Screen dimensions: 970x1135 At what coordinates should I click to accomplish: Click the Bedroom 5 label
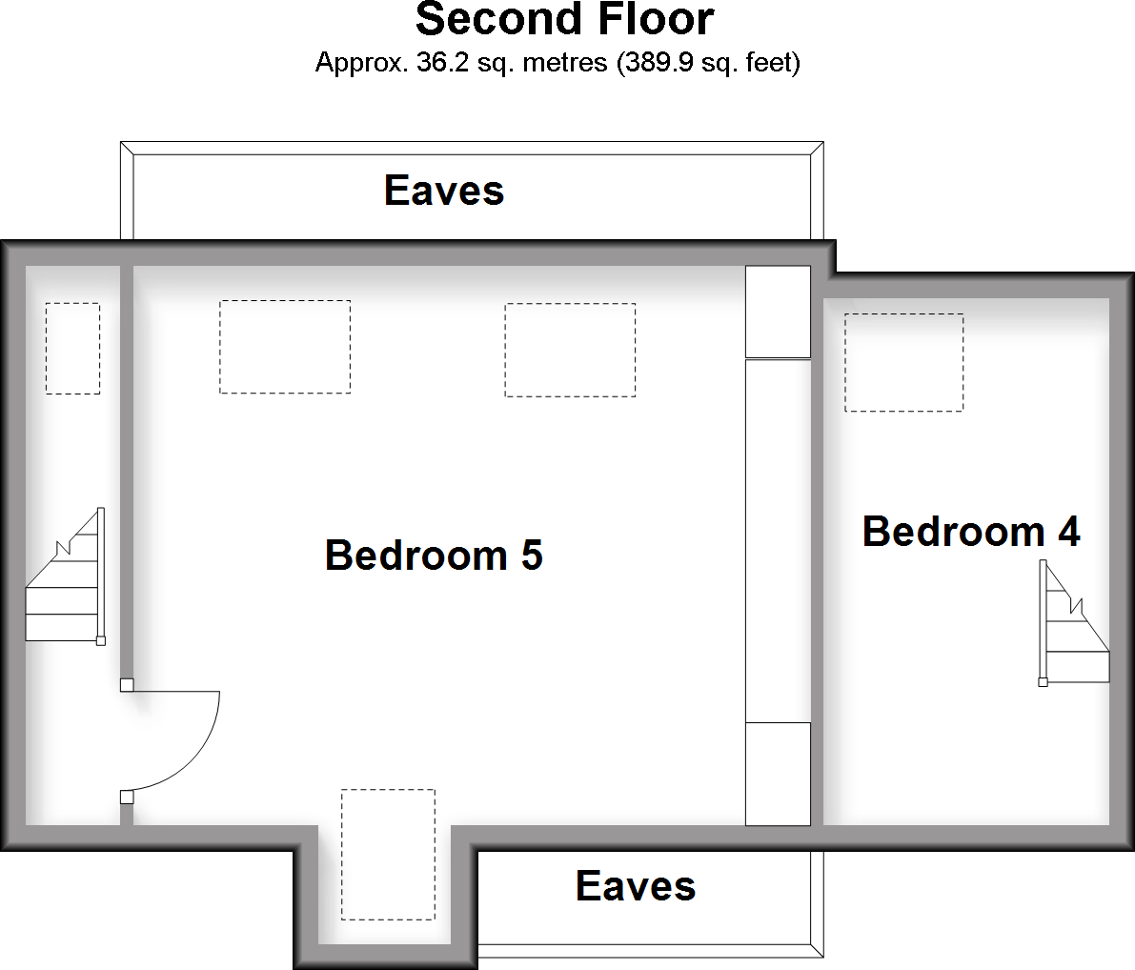click(434, 555)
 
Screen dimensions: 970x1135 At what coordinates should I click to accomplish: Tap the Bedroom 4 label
click(970, 531)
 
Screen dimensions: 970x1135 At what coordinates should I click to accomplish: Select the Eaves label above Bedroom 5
click(444, 191)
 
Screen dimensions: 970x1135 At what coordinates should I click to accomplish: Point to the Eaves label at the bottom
click(636, 886)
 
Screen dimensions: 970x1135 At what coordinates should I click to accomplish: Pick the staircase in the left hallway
click(64, 581)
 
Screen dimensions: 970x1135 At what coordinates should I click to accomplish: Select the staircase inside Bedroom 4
click(1075, 624)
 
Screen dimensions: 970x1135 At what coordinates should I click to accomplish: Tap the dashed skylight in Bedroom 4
click(903, 363)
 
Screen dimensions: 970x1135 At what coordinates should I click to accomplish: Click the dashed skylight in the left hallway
click(72, 348)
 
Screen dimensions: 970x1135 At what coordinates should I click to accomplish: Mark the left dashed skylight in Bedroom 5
click(285, 347)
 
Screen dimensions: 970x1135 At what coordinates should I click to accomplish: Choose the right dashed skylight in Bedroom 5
click(570, 350)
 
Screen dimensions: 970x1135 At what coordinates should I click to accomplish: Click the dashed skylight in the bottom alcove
click(388, 854)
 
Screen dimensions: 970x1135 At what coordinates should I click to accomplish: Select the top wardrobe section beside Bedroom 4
click(778, 312)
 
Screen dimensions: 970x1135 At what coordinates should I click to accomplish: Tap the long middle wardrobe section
click(778, 540)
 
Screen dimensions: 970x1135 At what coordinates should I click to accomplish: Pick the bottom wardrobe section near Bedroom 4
click(778, 774)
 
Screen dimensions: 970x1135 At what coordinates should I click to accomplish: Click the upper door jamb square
click(127, 684)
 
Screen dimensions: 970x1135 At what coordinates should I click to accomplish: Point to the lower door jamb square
click(127, 797)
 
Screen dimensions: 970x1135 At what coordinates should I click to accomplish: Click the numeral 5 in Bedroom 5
click(531, 555)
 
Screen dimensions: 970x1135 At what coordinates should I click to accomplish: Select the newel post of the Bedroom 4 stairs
click(1044, 682)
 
